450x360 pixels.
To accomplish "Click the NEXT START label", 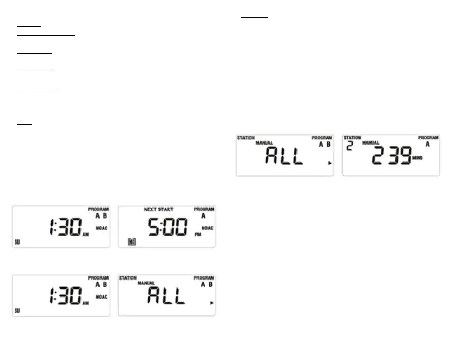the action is (x=158, y=210).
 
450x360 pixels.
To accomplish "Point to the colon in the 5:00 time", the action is (x=163, y=228).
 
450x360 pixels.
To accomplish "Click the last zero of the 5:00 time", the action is (x=182, y=227).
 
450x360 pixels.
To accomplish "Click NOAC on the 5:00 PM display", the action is (x=208, y=228).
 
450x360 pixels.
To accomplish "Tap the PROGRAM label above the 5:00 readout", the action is (x=204, y=209).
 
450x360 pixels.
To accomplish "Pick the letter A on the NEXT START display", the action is (x=204, y=216).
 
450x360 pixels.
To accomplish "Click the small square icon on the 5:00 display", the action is (x=132, y=242).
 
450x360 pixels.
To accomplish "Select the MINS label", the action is (x=418, y=158).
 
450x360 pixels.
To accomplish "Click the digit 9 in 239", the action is (x=404, y=155).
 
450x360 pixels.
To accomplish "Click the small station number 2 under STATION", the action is (x=349, y=145).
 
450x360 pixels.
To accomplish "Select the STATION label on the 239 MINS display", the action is (x=352, y=138).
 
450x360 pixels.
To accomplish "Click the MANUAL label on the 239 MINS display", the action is (x=371, y=143).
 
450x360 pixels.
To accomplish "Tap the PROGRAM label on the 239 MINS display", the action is (x=428, y=138).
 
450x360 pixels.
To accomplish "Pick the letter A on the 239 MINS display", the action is (x=428, y=144).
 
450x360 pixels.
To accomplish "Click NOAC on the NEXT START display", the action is (x=208, y=228).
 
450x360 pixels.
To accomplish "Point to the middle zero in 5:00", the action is (x=170, y=227).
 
